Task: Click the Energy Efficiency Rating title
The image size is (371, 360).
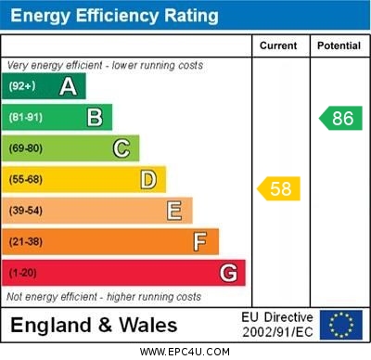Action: pyautogui.click(x=114, y=16)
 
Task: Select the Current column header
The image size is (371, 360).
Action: pyautogui.click(x=278, y=45)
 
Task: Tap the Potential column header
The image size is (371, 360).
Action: pyautogui.click(x=339, y=45)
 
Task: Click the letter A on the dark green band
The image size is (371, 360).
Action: pyautogui.click(x=68, y=86)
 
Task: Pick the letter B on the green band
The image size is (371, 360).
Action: pyautogui.click(x=95, y=117)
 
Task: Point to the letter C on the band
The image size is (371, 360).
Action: pyautogui.click(x=122, y=148)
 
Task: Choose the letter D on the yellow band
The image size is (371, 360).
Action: pyautogui.click(x=148, y=179)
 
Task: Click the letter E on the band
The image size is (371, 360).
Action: pyautogui.click(x=174, y=211)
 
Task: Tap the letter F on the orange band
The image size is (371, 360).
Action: pyautogui.click(x=200, y=242)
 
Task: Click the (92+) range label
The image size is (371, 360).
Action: pyautogui.click(x=22, y=86)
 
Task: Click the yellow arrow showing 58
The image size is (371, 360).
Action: pyautogui.click(x=279, y=189)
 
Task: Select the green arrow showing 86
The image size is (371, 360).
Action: pyautogui.click(x=340, y=118)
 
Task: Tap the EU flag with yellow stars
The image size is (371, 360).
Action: pyautogui.click(x=340, y=325)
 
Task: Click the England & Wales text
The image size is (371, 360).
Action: pyautogui.click(x=94, y=326)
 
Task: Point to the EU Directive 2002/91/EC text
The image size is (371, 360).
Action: pyautogui.click(x=276, y=325)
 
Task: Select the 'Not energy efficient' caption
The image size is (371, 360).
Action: pyautogui.click(x=104, y=297)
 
